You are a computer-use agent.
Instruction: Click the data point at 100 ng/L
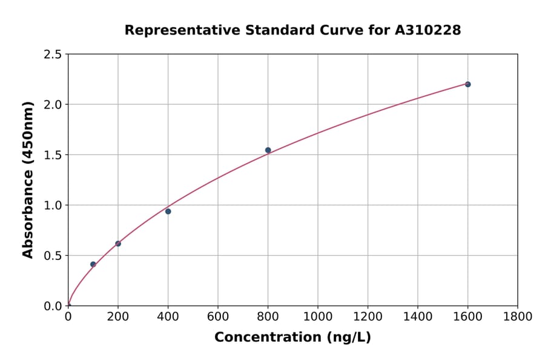tap(93, 264)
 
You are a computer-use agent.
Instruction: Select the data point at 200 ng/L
tap(118, 244)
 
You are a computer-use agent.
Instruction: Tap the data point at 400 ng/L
tap(168, 212)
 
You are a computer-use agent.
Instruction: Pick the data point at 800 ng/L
tap(268, 150)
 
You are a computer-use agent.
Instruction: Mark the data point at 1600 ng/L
tap(467, 84)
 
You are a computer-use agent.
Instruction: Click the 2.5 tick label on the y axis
tap(53, 55)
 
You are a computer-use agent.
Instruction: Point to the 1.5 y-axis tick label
tap(53, 155)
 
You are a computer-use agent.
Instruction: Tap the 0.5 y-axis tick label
tap(53, 256)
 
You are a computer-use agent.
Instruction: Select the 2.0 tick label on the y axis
tap(53, 105)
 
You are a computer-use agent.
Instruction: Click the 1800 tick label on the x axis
tap(518, 316)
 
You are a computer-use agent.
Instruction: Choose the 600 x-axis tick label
tap(218, 316)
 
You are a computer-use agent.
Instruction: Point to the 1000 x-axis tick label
tap(318, 316)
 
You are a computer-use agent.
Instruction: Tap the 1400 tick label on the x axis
tap(418, 316)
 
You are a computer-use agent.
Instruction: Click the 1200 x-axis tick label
tap(368, 316)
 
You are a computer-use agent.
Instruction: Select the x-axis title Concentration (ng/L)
tap(292, 338)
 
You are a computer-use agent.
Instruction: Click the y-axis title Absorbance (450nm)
tap(28, 180)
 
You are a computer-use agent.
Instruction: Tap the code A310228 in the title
tap(428, 30)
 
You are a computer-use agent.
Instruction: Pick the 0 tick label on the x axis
tap(68, 316)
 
